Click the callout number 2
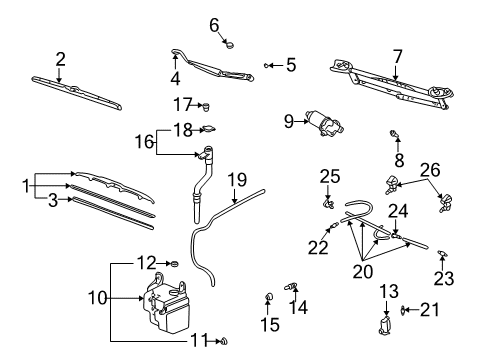tap(60, 58)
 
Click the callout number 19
tap(236, 180)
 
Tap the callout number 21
tap(429, 310)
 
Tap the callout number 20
tap(361, 269)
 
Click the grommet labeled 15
tap(269, 297)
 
